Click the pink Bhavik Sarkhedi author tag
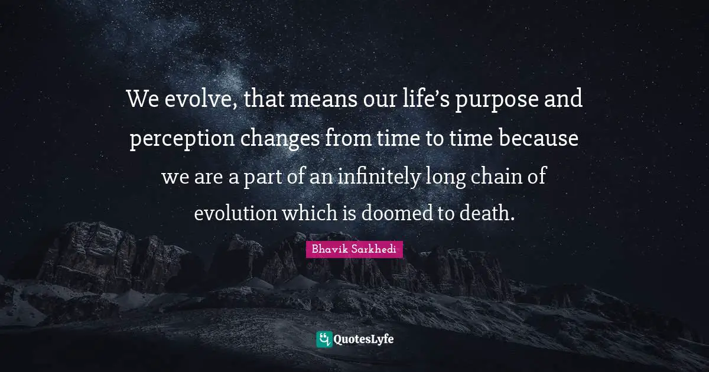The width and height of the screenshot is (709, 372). point(354,249)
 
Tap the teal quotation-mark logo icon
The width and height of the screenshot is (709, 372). point(324,339)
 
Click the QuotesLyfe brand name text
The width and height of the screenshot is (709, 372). point(363,340)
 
